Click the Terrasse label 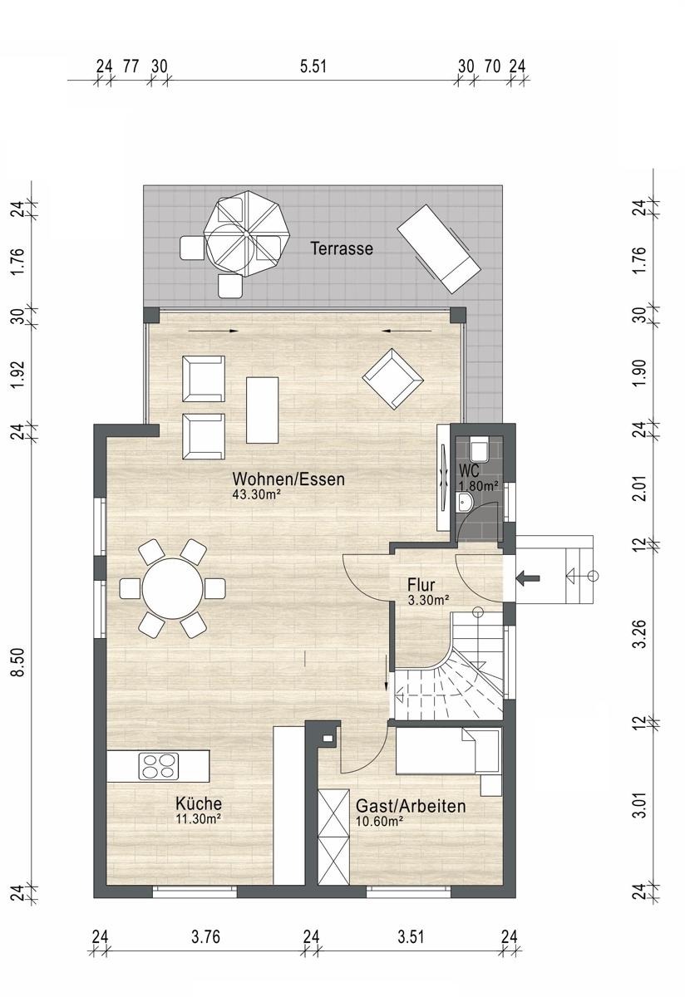pyautogui.click(x=342, y=248)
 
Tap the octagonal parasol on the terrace pyautogui.click(x=247, y=234)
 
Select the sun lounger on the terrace pyautogui.click(x=439, y=248)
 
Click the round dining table pyautogui.click(x=173, y=588)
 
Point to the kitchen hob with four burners pyautogui.click(x=159, y=766)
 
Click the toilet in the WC pyautogui.click(x=480, y=449)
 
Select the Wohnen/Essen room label pyautogui.click(x=288, y=479)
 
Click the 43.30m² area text pyautogui.click(x=257, y=494)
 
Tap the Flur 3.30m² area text pyautogui.click(x=428, y=601)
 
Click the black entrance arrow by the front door pyautogui.click(x=528, y=578)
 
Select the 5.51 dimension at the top pyautogui.click(x=313, y=66)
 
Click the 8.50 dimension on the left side pyautogui.click(x=18, y=662)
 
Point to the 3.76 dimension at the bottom pyautogui.click(x=206, y=936)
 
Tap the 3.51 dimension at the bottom pyautogui.click(x=411, y=936)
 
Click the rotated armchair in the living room pyautogui.click(x=392, y=378)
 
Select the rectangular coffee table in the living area pyautogui.click(x=263, y=410)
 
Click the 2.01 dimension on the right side pyautogui.click(x=639, y=489)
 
